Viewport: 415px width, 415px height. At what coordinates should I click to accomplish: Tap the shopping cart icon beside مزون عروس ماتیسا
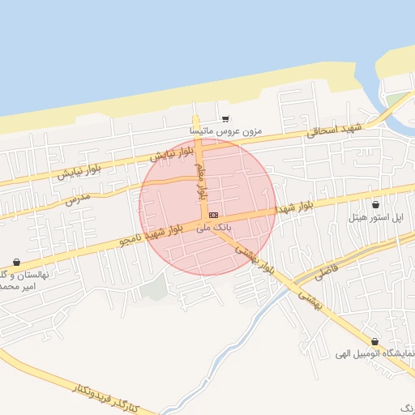[225, 118]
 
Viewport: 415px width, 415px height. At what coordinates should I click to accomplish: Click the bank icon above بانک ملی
[213, 215]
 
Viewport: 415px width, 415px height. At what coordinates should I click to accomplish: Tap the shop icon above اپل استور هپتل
[375, 204]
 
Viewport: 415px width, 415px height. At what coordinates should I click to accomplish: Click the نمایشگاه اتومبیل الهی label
[375, 354]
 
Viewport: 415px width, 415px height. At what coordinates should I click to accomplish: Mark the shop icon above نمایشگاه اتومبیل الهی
[374, 342]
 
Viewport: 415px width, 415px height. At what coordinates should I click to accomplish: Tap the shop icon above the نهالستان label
[17, 263]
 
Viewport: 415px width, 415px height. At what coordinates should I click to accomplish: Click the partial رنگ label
[406, 403]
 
